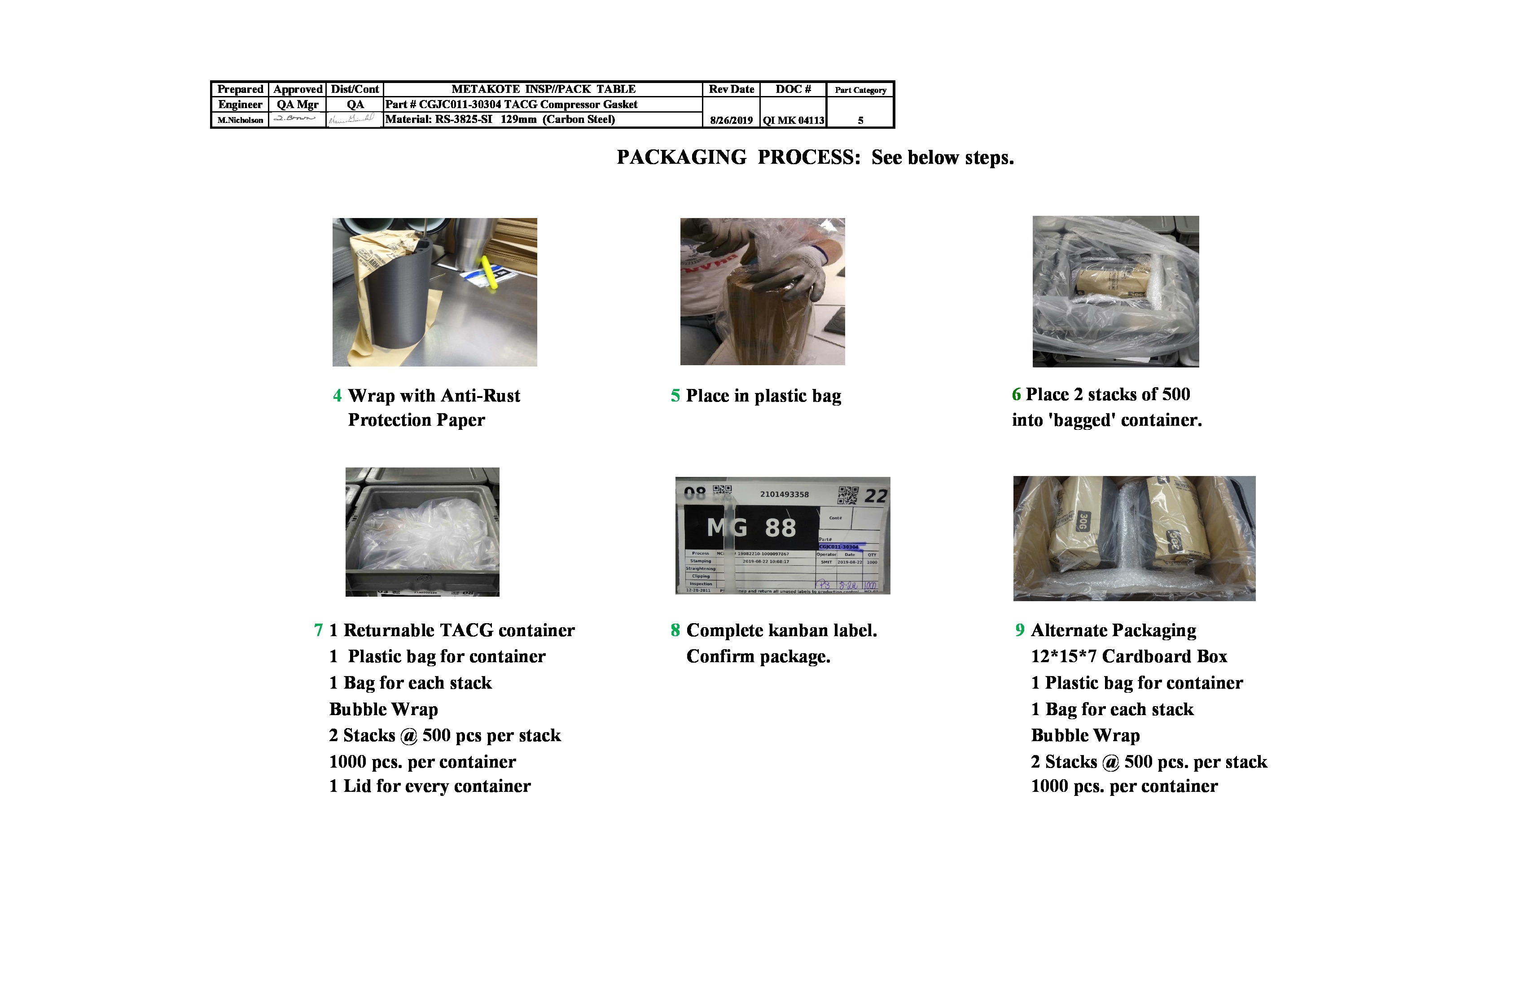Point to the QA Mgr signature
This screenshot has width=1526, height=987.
296,118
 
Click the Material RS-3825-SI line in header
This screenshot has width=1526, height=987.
500,119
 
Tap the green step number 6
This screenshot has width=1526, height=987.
1016,395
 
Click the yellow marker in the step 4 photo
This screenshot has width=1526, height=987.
490,272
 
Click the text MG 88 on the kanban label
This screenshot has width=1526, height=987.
751,528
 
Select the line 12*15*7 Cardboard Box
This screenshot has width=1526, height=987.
1128,657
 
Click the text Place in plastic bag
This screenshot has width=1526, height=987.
763,396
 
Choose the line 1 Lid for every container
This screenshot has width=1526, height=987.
430,786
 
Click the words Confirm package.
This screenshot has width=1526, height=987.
758,657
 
